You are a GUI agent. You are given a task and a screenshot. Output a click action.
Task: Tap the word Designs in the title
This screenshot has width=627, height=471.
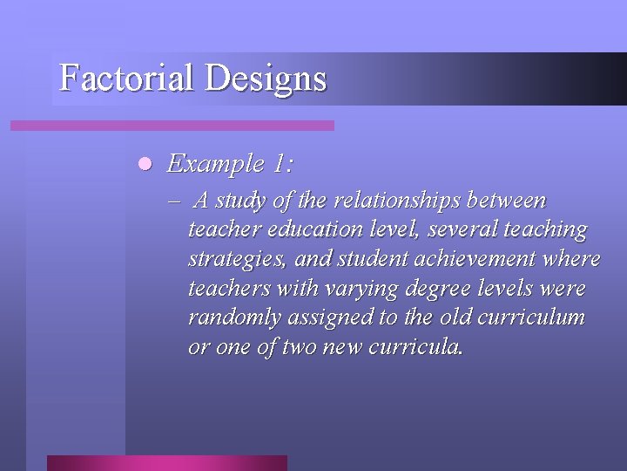[266, 78]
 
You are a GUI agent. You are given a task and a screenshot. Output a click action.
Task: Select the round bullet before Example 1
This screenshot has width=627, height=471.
[145, 163]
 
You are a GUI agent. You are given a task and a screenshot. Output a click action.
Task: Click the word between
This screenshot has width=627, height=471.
[507, 201]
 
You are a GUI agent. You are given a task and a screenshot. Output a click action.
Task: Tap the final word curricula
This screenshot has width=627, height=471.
[415, 346]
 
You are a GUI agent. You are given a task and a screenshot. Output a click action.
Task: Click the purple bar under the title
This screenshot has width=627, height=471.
[172, 126]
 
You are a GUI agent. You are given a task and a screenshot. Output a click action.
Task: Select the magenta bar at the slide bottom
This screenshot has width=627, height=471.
[166, 462]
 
